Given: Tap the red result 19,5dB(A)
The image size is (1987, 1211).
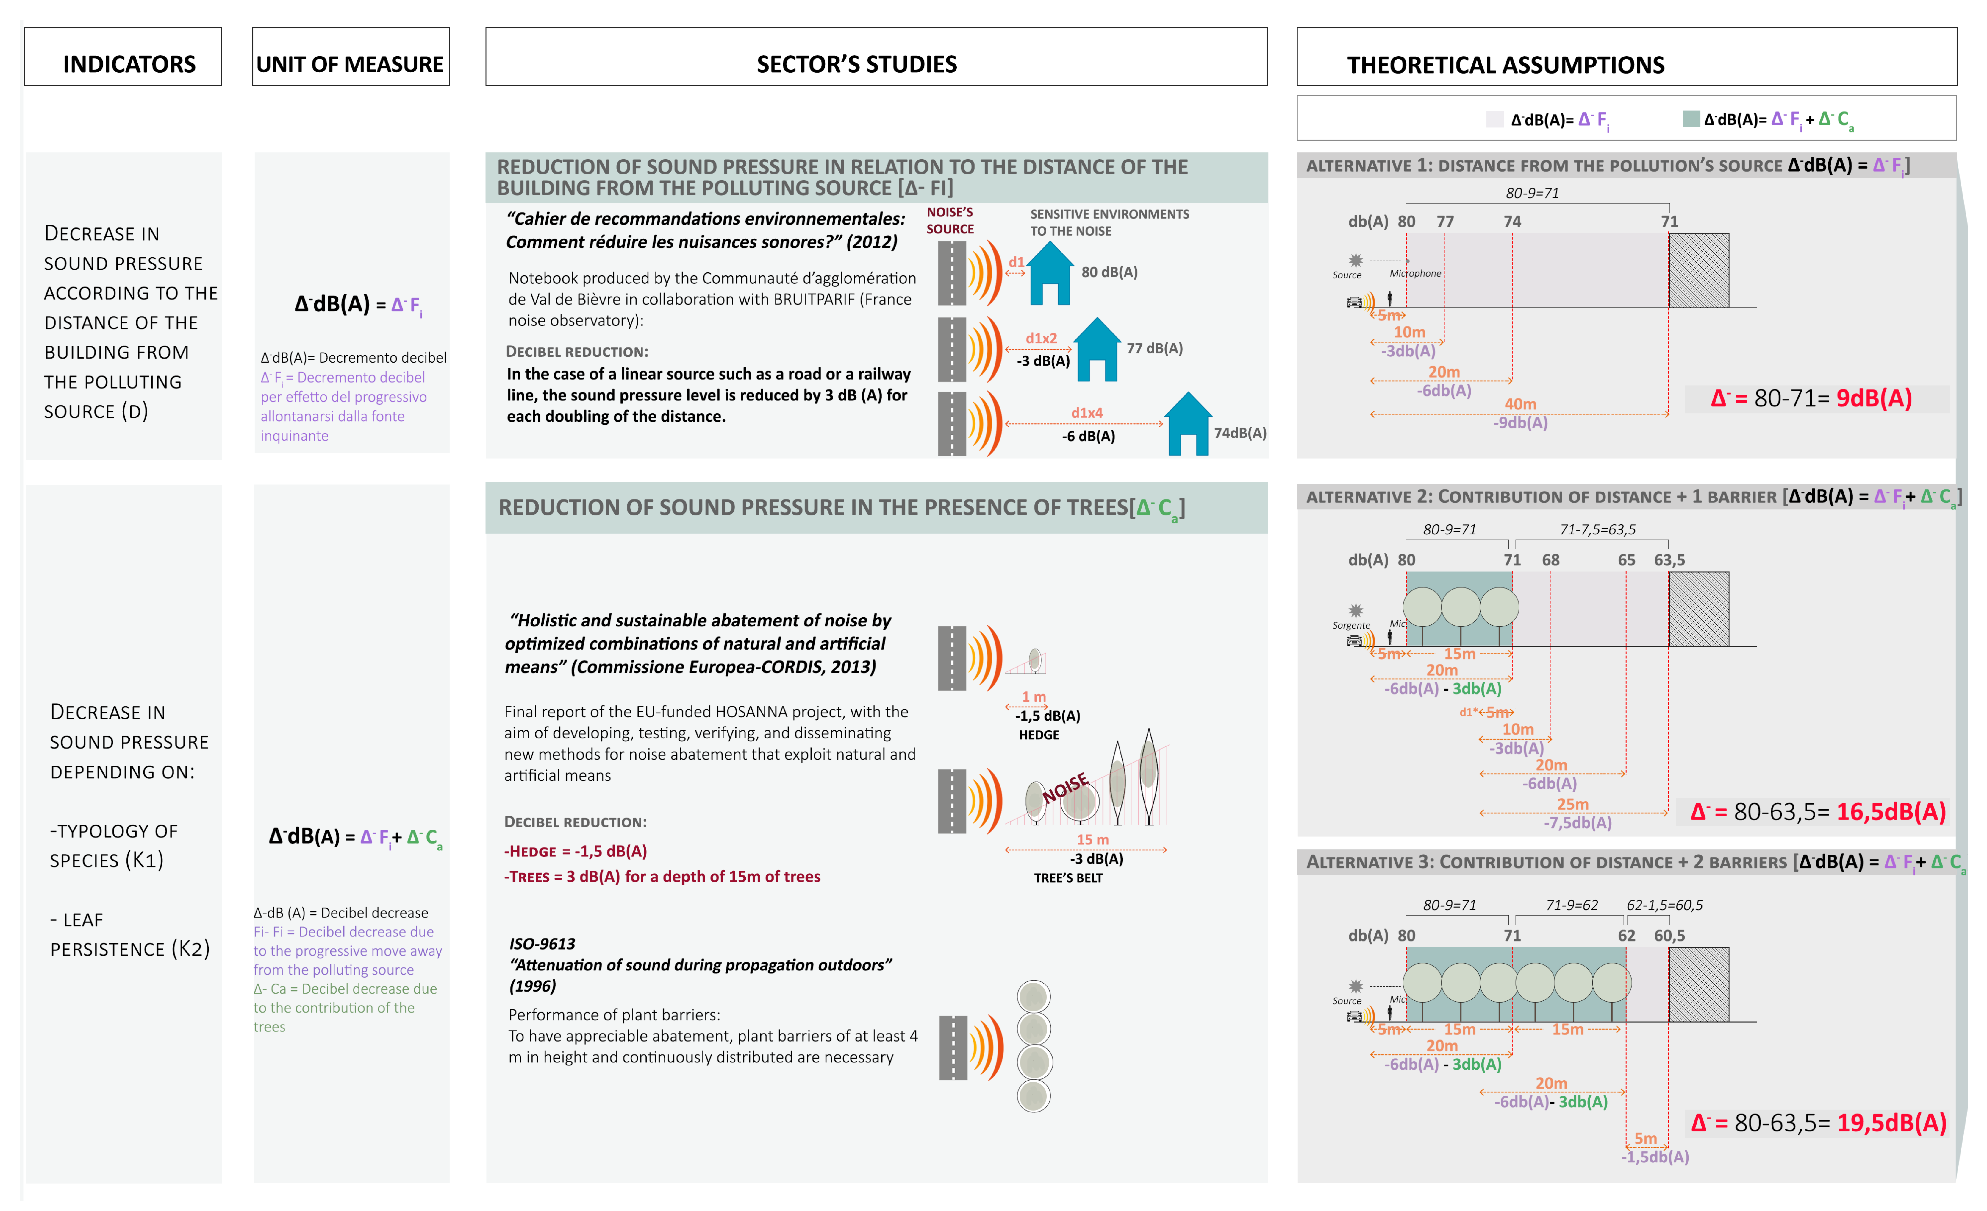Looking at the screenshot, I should pos(1891,1123).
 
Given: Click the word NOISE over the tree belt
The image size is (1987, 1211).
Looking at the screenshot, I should pos(1065,788).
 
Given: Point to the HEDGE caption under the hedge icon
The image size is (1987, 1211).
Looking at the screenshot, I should pos(1039,735).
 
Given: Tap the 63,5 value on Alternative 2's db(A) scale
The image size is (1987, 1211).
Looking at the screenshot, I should pos(1669,560).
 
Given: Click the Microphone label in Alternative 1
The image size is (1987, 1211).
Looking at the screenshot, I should pos(1415,274).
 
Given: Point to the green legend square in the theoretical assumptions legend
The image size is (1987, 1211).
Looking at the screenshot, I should pos(1691,119).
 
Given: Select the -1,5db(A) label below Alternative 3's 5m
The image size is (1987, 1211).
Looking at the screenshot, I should pos(1655,1157).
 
